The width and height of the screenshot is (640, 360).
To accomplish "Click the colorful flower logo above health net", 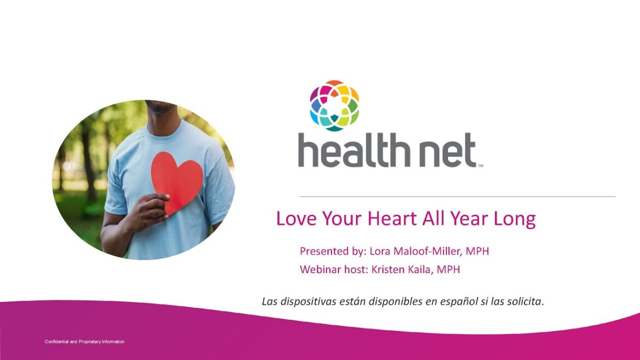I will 334,105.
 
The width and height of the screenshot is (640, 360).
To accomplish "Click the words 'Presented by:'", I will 332,252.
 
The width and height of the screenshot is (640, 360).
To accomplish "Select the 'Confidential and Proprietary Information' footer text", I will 84,342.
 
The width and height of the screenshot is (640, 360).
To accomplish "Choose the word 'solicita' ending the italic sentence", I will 524,301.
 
